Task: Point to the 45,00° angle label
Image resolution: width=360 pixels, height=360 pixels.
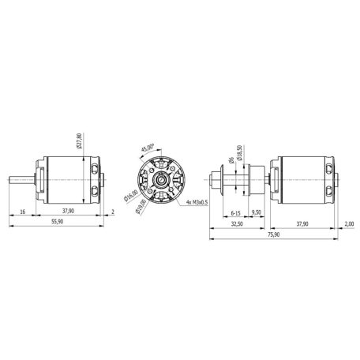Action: click(x=148, y=148)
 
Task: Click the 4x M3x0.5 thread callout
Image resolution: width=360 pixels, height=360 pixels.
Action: click(x=194, y=202)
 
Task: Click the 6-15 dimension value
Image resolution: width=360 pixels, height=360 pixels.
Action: click(x=235, y=212)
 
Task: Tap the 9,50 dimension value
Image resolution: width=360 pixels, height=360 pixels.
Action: click(x=256, y=212)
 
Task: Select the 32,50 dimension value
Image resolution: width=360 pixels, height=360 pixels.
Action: click(x=237, y=224)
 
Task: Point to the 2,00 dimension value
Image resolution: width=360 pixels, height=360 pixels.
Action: click(x=348, y=224)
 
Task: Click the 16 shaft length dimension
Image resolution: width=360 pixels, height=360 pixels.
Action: click(x=23, y=212)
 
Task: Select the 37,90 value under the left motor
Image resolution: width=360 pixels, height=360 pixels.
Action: click(x=69, y=212)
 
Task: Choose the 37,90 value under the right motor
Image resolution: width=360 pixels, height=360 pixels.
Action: click(x=301, y=224)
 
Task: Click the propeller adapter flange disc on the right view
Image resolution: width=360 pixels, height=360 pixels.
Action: click(x=224, y=181)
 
